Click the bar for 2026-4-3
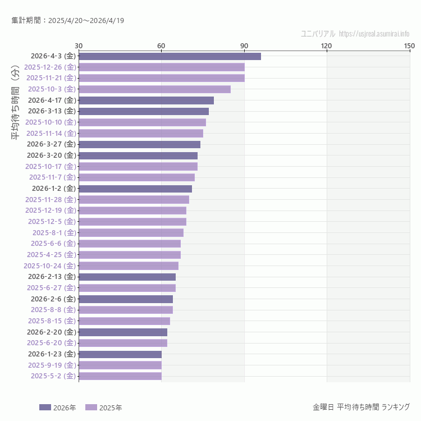click(x=170, y=56)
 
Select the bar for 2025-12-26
click(x=162, y=67)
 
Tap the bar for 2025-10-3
click(x=154, y=89)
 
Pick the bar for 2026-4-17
click(x=146, y=100)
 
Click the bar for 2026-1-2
click(x=135, y=189)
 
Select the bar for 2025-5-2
click(x=120, y=376)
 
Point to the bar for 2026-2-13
click(x=127, y=277)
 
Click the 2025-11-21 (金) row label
click(x=51, y=78)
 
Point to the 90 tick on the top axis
click(x=244, y=45)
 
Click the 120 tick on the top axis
click(x=326, y=45)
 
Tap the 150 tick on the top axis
click(x=409, y=45)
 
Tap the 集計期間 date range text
click(x=67, y=21)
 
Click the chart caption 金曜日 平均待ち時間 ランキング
click(x=361, y=407)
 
